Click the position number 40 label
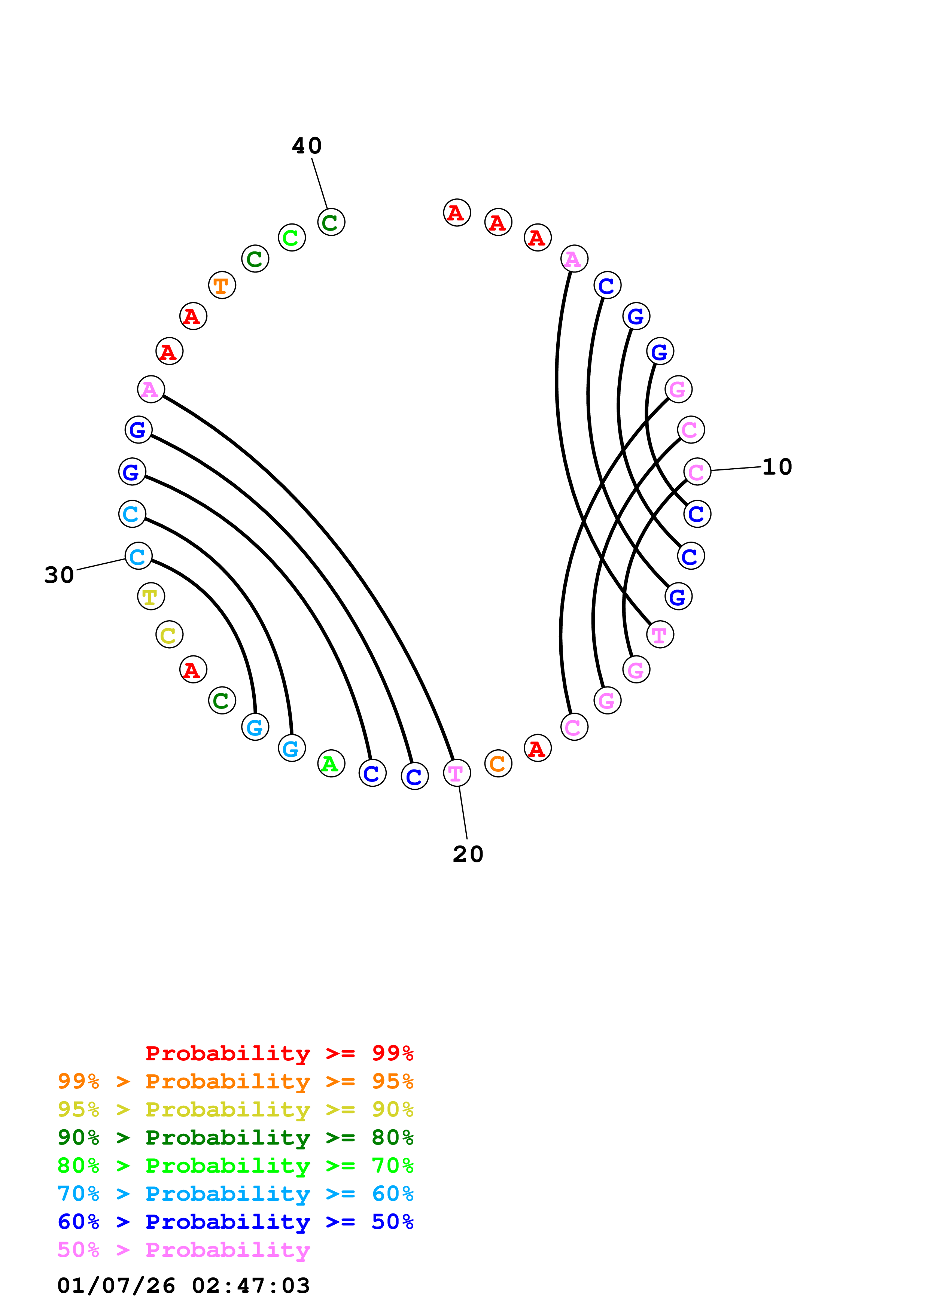(x=307, y=146)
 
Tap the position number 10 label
(x=777, y=467)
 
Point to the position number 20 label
(x=468, y=854)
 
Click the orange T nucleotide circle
(x=222, y=285)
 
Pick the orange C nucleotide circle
(x=498, y=764)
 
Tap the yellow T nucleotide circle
(x=151, y=597)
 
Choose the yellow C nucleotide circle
(x=169, y=635)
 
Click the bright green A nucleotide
(x=331, y=764)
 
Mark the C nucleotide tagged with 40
(x=331, y=222)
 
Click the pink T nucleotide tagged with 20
(x=457, y=773)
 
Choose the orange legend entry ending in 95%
(x=235, y=1081)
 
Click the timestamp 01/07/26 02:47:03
(x=183, y=1286)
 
